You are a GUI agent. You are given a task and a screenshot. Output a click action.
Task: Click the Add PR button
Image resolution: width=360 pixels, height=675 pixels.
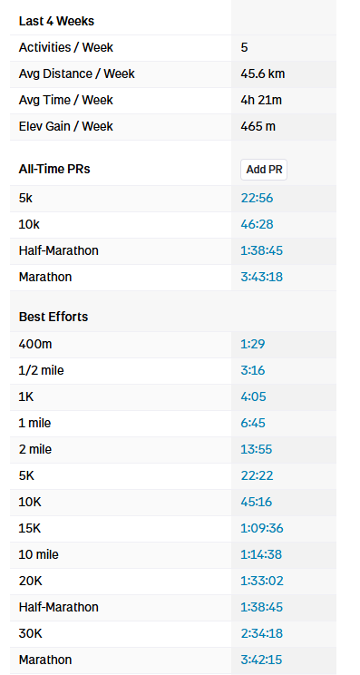coord(264,170)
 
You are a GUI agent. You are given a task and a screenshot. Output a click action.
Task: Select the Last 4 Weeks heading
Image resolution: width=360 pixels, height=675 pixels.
coord(56,21)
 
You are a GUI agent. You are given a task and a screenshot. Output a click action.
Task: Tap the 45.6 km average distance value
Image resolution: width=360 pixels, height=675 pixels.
coord(262,73)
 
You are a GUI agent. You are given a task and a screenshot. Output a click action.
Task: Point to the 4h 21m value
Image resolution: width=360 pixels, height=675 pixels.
coord(261,100)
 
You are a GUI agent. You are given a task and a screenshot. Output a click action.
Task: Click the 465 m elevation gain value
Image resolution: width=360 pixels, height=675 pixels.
coord(258,126)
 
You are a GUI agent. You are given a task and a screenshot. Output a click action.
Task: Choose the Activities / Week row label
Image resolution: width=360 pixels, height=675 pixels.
coord(66,47)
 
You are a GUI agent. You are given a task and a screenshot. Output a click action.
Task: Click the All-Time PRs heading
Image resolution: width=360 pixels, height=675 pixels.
coord(54,169)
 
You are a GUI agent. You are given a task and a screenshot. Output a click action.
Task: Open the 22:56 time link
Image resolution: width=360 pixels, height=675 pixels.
coord(257,198)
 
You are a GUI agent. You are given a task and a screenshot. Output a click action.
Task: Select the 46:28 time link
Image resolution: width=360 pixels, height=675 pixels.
coord(257,224)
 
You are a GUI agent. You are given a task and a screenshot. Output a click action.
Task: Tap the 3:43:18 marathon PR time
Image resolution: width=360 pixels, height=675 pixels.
coord(261,277)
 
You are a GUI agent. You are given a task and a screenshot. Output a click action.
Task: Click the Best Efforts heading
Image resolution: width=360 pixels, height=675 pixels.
coord(54,317)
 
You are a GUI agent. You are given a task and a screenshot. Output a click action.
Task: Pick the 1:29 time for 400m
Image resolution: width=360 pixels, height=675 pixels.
coord(252,345)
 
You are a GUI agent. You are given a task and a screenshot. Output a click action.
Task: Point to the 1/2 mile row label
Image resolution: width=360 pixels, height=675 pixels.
coord(42,370)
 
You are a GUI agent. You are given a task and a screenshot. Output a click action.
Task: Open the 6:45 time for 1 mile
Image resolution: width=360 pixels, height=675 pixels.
coord(253,423)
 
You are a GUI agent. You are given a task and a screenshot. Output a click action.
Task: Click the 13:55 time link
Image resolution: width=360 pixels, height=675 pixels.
coord(257,449)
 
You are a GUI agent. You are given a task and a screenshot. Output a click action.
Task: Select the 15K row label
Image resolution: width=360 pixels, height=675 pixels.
coord(30,528)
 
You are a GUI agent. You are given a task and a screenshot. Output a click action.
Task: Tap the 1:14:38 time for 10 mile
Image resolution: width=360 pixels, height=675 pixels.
coord(261,554)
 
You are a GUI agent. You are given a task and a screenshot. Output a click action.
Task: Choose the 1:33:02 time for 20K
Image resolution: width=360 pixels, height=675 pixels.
coord(262,581)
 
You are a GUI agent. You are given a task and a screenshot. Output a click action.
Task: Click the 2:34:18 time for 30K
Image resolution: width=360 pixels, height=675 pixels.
coord(262,633)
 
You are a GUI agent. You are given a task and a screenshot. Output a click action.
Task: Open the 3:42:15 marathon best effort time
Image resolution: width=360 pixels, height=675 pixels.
coord(261,660)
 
